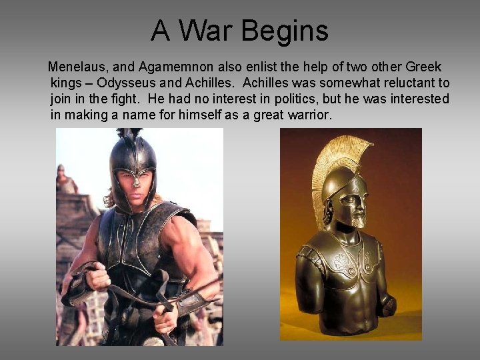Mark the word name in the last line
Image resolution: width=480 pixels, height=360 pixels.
(143, 115)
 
